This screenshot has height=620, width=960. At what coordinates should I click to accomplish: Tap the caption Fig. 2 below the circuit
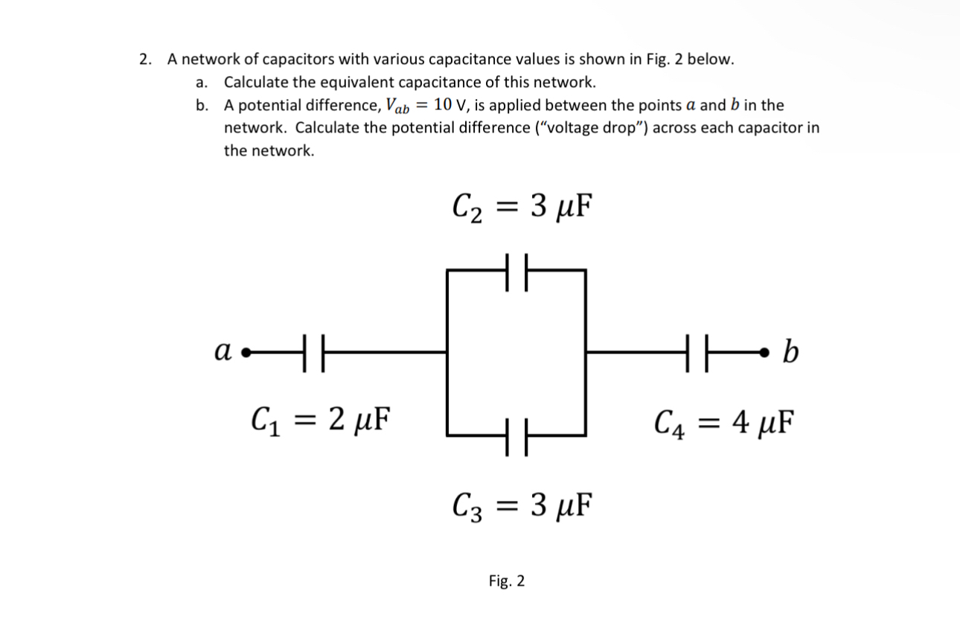[x=506, y=581]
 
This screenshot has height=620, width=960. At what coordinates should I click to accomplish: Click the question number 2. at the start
[x=146, y=60]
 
